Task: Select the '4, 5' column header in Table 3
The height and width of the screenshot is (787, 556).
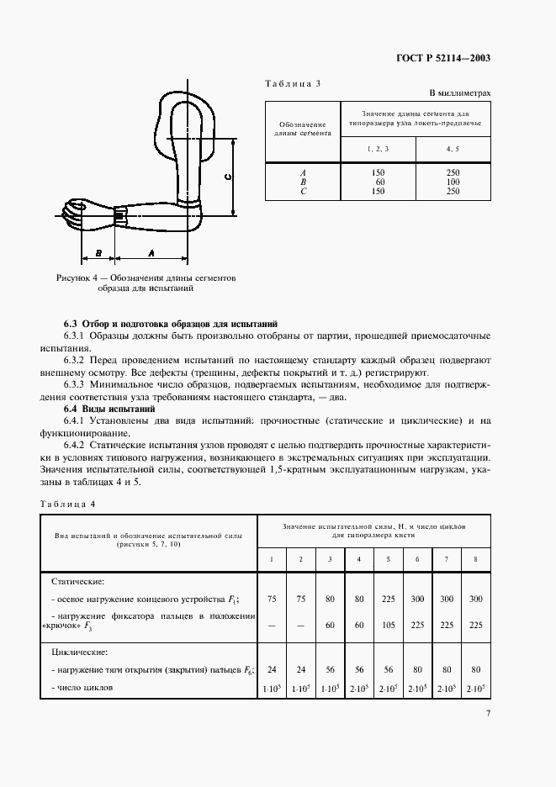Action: (453, 148)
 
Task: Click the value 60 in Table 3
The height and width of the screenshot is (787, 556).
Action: (379, 181)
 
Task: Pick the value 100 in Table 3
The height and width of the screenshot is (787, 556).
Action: (453, 181)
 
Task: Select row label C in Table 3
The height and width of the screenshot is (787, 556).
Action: (302, 190)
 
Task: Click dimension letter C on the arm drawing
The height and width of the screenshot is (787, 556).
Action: (228, 177)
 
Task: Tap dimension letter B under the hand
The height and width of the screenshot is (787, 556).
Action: (98, 252)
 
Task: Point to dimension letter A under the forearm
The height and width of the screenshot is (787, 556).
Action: (151, 252)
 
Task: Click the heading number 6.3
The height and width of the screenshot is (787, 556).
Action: (70, 324)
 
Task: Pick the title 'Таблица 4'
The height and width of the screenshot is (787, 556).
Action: (68, 503)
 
